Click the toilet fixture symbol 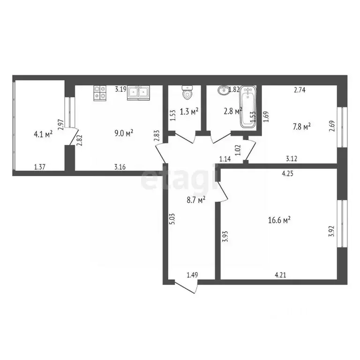(187, 92)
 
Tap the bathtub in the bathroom (248, 106)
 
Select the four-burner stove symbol (100, 93)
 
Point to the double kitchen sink (138, 93)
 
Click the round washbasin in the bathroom (223, 90)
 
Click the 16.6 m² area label (279, 220)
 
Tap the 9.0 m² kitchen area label (124, 133)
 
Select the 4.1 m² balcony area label (43, 134)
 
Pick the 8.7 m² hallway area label (196, 200)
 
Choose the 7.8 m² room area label (302, 127)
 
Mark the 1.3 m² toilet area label (189, 112)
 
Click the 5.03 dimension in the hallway (172, 219)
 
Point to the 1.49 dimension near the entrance (192, 275)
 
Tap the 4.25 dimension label (287, 173)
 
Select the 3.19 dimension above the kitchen (121, 89)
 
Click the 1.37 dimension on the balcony (40, 167)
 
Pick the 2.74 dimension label (300, 90)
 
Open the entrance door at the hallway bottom (185, 287)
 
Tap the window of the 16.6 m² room (342, 224)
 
